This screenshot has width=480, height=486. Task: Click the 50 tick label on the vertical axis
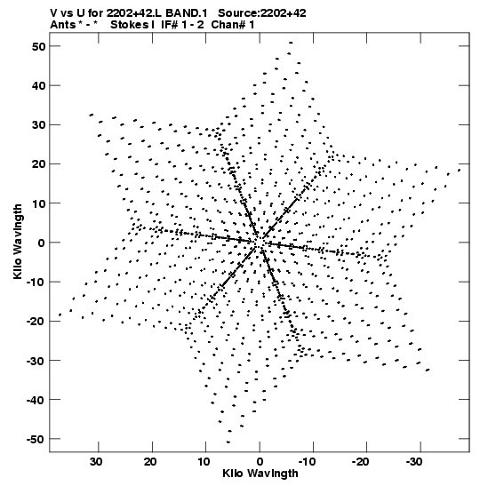(x=38, y=46)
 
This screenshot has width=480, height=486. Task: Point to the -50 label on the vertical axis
(x=36, y=439)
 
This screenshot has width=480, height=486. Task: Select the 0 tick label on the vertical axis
(x=42, y=243)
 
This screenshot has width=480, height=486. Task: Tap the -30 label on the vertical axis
(x=36, y=361)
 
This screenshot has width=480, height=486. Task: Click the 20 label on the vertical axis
(x=38, y=164)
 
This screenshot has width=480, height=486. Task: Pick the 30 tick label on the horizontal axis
(x=96, y=462)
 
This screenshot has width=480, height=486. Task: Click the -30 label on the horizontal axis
(x=414, y=462)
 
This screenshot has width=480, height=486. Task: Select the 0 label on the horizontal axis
(x=260, y=462)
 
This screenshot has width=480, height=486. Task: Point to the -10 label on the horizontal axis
(x=307, y=462)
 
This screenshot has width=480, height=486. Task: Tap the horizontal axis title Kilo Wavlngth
(x=260, y=474)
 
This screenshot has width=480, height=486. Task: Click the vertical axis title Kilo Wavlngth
(x=18, y=242)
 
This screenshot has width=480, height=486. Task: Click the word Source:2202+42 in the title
(x=262, y=13)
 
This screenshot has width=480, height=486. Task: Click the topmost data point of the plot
(x=291, y=43)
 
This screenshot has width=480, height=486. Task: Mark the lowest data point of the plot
(x=228, y=442)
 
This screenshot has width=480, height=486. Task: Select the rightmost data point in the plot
(x=460, y=170)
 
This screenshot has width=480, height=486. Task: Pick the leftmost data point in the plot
(x=60, y=315)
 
